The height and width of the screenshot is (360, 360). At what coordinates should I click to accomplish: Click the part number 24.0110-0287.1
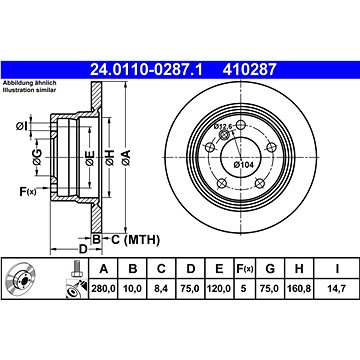[x=146, y=70]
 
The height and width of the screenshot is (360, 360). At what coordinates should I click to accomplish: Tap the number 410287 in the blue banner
[x=250, y=70]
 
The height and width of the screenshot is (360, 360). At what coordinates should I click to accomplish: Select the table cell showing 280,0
[x=103, y=289]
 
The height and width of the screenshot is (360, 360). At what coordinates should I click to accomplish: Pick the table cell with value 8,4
[x=161, y=289]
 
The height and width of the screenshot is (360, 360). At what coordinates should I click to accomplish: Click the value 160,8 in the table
[x=299, y=289]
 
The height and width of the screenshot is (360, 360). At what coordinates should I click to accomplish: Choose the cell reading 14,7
[x=337, y=289]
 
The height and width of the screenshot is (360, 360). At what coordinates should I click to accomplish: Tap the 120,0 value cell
[x=219, y=289]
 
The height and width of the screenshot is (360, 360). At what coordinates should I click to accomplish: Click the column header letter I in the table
[x=337, y=268]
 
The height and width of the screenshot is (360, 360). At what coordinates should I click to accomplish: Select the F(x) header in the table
[x=245, y=268]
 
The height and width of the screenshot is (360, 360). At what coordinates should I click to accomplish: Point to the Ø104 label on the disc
[x=244, y=164]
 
